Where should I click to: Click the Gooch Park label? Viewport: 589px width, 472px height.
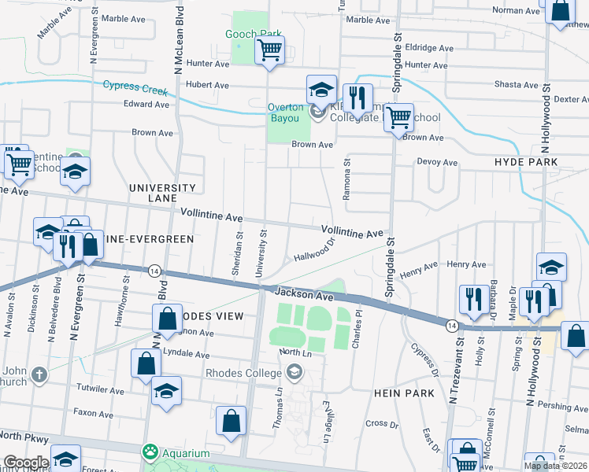tap(254, 35)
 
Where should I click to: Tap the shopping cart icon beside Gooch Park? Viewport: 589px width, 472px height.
tap(269, 51)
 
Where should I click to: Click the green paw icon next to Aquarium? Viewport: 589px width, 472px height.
tap(149, 452)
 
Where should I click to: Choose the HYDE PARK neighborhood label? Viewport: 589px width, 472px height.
tap(526, 162)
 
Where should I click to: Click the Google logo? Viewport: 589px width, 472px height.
tap(26, 463)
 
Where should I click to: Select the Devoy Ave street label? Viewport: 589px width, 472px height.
tap(437, 163)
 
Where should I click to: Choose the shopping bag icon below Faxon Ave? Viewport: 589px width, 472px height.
tap(231, 422)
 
